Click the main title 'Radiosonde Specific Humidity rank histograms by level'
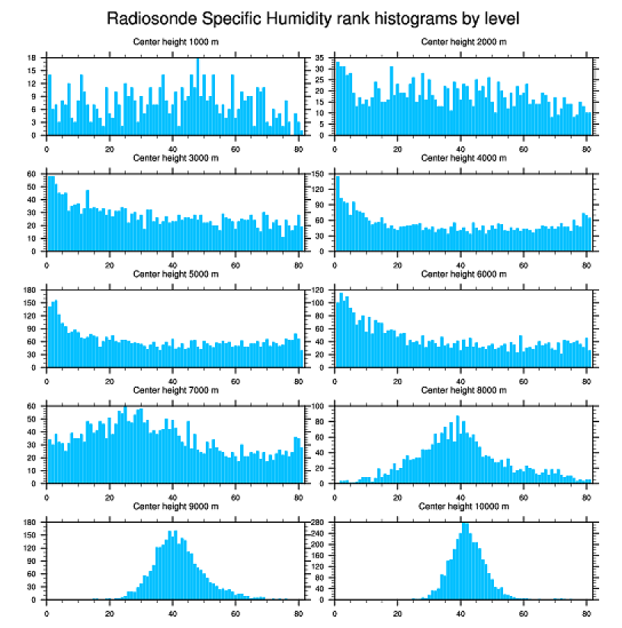click(x=312, y=18)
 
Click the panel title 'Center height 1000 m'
click(x=175, y=41)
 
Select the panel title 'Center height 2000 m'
click(x=463, y=41)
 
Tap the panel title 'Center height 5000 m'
click(x=175, y=274)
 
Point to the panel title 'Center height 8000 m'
click(x=463, y=390)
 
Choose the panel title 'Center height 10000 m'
click(x=463, y=506)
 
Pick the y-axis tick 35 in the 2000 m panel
click(x=321, y=58)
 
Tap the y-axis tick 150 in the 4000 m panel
click(x=320, y=174)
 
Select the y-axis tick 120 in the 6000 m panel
click(x=320, y=290)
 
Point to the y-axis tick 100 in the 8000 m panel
click(x=320, y=406)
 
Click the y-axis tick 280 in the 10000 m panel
click(x=320, y=523)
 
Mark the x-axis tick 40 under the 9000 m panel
click(x=172, y=610)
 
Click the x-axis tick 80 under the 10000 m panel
click(x=585, y=610)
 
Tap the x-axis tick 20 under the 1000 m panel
click(x=110, y=146)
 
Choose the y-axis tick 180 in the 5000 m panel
click(x=32, y=290)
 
